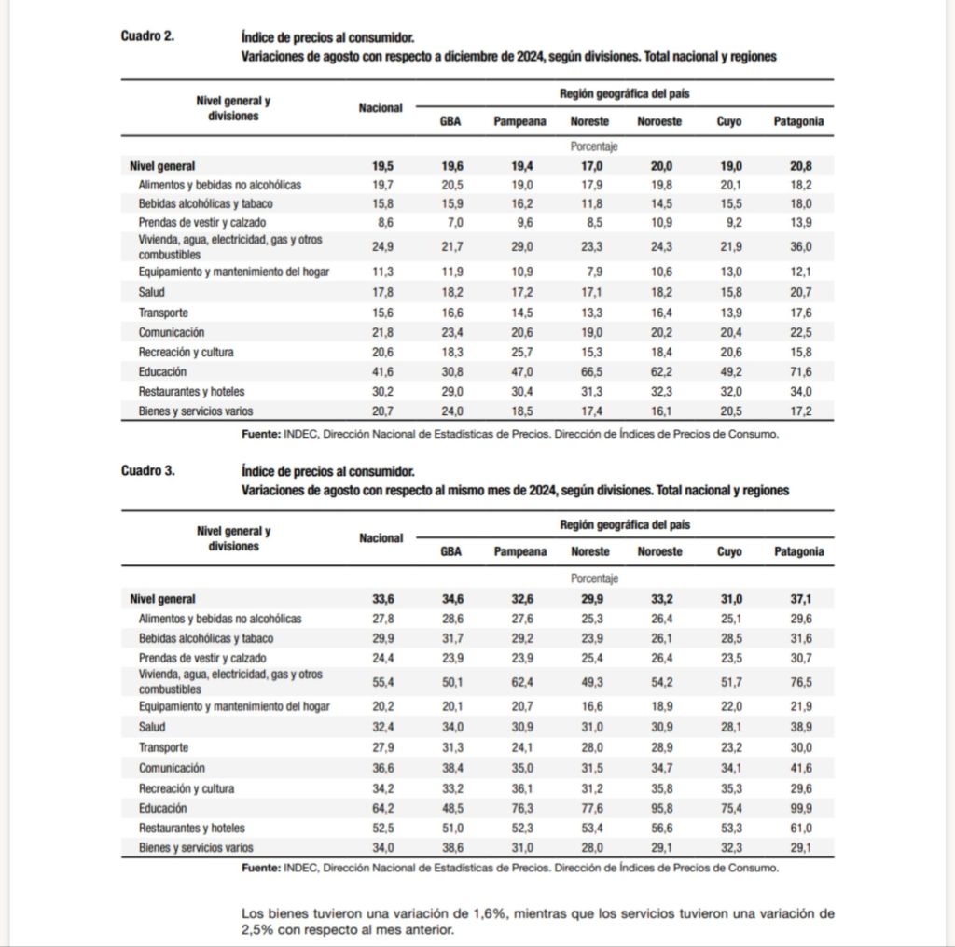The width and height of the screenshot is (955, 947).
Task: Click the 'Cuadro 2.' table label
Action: point(146,36)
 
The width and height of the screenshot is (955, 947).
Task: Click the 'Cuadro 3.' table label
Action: point(146,470)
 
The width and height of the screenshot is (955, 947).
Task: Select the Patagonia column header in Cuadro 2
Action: point(799,121)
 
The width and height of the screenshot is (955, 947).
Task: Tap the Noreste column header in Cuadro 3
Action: point(589,551)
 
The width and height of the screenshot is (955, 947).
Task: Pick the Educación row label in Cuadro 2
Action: point(162,371)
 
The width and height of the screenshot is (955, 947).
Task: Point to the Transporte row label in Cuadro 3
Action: point(163,747)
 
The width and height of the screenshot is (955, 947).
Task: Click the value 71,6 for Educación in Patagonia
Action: point(800,371)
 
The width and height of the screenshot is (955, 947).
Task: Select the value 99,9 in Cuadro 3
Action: point(800,808)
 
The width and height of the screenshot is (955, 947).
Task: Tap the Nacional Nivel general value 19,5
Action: point(382,166)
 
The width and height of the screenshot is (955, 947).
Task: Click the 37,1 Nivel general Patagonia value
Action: point(800,599)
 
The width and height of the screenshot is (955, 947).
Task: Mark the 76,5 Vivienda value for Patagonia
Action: point(800,682)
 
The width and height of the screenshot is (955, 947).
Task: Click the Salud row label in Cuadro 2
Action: point(152,293)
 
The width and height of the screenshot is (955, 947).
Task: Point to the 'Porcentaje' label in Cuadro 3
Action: point(594,578)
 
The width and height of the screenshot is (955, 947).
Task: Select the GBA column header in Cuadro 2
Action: point(450,121)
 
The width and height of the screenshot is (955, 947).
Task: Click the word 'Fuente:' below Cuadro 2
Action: point(260,434)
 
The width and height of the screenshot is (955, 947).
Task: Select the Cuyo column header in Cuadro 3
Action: point(729,551)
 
